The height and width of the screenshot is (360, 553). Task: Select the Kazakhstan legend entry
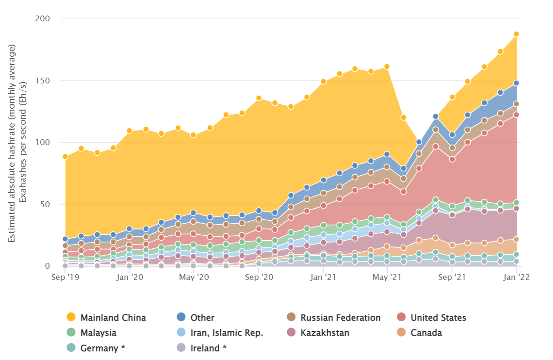pyautogui.click(x=325, y=333)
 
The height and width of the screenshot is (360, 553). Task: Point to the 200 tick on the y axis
pyautogui.click(x=43, y=19)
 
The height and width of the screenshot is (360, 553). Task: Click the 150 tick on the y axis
pyautogui.click(x=43, y=81)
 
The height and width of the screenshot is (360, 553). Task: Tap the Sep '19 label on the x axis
pyautogui.click(x=65, y=277)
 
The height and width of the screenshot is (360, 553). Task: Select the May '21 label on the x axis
pyautogui.click(x=387, y=277)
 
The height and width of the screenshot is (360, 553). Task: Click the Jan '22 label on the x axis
pyautogui.click(x=516, y=277)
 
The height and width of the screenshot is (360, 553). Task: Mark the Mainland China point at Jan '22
pyautogui.click(x=516, y=34)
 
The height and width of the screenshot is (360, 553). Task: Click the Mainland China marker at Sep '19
pyautogui.click(x=65, y=157)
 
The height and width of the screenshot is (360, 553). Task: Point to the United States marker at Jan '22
pyautogui.click(x=516, y=115)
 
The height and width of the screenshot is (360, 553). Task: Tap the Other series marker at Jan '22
pyautogui.click(x=516, y=83)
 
